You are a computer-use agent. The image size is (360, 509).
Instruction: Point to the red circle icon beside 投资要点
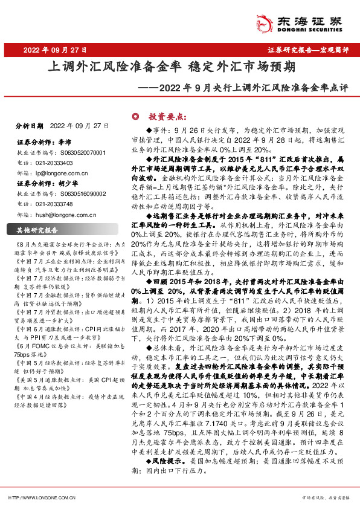tap(136, 117)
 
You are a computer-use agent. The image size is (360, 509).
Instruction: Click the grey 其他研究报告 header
tap(37, 230)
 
